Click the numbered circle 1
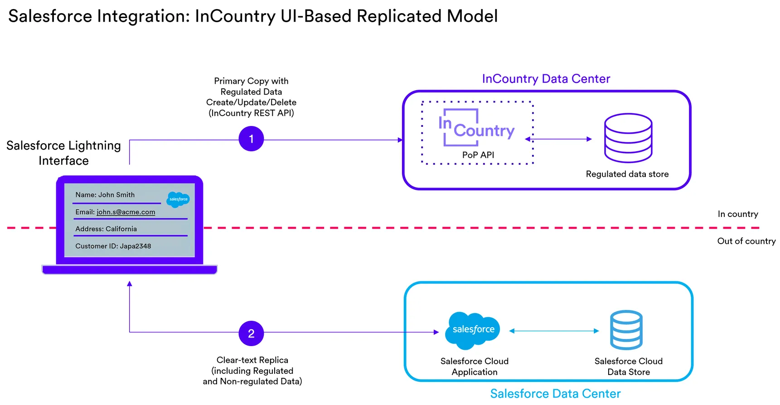251,139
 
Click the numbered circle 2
251,333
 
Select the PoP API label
478,155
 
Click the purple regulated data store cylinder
628,138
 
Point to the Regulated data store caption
627,174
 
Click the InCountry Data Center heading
546,79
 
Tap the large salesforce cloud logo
473,330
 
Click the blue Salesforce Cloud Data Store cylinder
626,330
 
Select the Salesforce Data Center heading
555,393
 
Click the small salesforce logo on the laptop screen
178,199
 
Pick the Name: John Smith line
105,195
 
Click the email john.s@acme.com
126,212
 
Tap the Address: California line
106,229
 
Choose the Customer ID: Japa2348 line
113,246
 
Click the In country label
737,214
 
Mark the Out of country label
746,241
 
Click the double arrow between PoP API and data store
558,139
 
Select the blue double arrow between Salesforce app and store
554,331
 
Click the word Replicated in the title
399,16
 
